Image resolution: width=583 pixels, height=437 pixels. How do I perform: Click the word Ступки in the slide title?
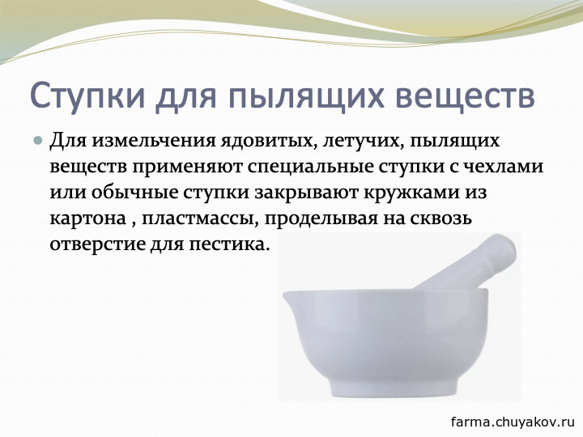(87, 96)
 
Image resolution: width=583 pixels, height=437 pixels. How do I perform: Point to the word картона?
(87, 218)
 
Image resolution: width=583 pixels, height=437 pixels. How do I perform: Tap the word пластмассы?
(200, 219)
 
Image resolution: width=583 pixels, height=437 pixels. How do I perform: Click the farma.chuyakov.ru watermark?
(513, 422)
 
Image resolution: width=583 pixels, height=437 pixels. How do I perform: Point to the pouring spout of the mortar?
(288, 296)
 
